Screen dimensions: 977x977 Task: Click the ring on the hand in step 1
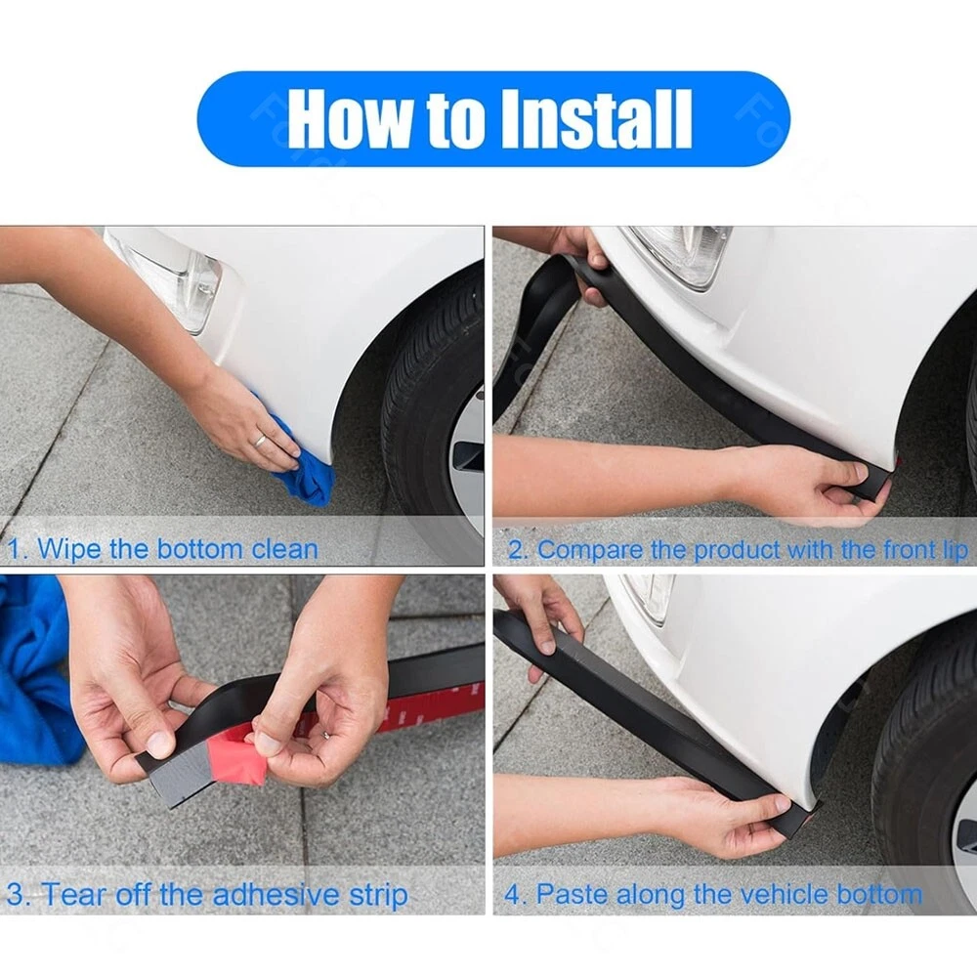pos(259,442)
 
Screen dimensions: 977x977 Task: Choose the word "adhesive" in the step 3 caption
pos(277,895)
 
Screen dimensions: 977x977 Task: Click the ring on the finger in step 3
pos(326,736)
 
